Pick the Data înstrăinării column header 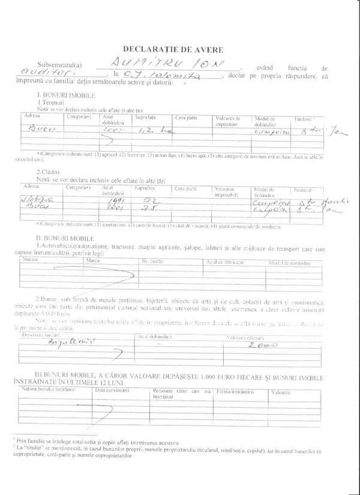113,391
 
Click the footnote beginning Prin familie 96,440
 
